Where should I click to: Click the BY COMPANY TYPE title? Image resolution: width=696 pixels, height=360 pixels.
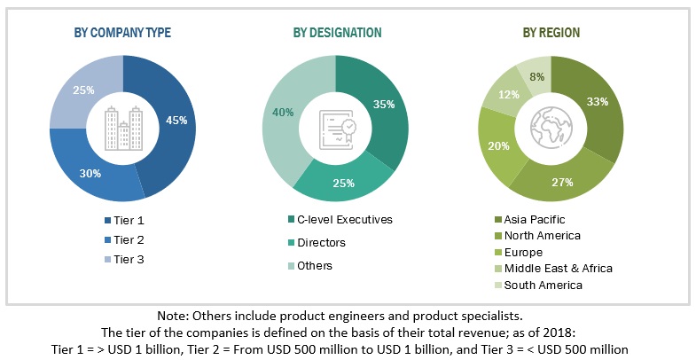click(x=122, y=33)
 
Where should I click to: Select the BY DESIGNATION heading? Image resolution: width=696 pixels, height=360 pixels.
click(x=337, y=33)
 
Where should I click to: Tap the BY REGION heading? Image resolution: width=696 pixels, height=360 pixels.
click(x=551, y=33)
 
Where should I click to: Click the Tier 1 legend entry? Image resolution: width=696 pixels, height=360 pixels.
click(x=129, y=220)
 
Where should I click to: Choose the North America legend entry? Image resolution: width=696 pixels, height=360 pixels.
click(x=542, y=235)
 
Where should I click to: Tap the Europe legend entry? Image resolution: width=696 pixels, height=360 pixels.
click(x=524, y=251)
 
